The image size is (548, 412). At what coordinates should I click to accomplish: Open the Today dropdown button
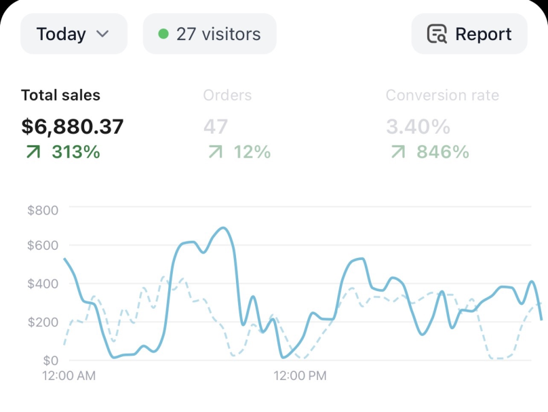coord(74,34)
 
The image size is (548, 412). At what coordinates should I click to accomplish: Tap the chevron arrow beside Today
coord(102,34)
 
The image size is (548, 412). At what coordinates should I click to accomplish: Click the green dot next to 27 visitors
coord(163,34)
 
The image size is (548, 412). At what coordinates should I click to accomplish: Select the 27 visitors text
coord(218,34)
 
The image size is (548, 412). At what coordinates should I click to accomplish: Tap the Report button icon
coord(437,34)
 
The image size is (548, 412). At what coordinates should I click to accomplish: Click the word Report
coord(484,34)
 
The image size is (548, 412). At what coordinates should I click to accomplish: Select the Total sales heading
coord(61,95)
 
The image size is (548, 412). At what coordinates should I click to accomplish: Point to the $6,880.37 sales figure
coord(73,127)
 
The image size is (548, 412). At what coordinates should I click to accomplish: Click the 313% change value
coord(76,152)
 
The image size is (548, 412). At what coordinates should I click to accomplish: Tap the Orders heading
coord(227,95)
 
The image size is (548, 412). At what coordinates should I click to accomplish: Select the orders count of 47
coord(216,127)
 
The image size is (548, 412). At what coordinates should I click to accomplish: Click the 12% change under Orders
coord(252,152)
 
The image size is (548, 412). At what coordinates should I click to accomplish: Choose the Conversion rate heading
coord(442,95)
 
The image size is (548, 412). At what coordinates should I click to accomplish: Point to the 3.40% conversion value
coord(418,127)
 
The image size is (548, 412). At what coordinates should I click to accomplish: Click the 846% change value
coord(442,152)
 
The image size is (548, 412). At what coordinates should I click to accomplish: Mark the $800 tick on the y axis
coord(43,210)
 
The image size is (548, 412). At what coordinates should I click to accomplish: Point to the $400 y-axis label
coord(43,284)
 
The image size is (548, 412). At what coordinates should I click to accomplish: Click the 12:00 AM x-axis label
coord(69,375)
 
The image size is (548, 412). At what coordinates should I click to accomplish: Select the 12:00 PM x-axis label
coord(300,375)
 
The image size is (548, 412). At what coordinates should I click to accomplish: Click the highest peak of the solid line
coord(223,228)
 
